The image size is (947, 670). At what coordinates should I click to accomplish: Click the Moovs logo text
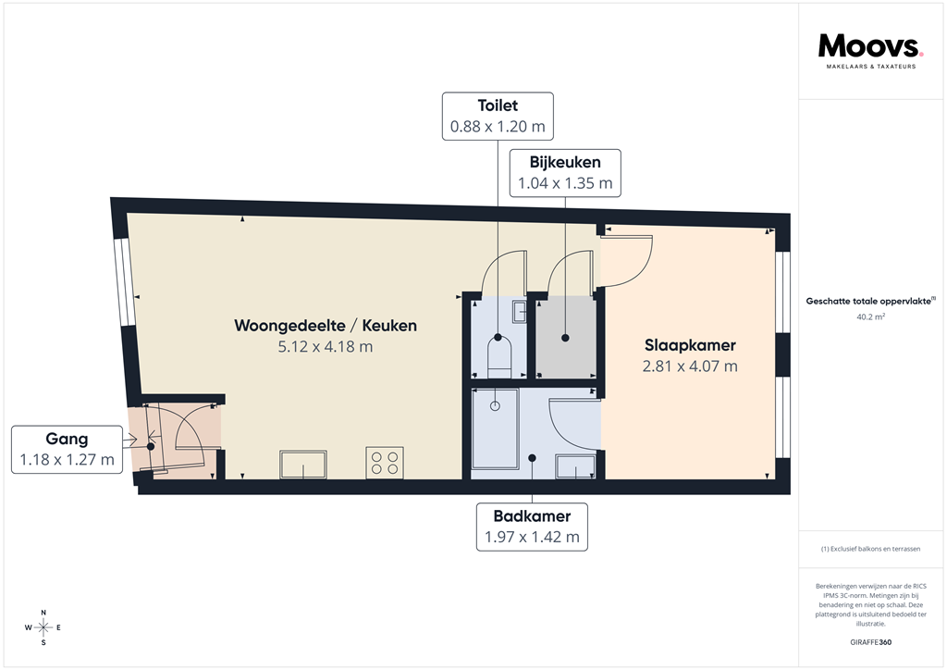click(869, 46)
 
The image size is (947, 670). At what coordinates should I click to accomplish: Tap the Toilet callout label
click(498, 106)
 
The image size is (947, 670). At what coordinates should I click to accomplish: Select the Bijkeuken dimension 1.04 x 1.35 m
click(565, 183)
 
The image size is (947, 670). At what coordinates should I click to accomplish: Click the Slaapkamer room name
click(690, 345)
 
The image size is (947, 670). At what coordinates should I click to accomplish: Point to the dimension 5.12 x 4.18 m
click(326, 347)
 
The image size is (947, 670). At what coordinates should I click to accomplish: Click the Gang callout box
click(67, 450)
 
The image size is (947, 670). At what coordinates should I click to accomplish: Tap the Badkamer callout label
click(532, 516)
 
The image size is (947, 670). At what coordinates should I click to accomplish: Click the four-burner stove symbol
click(385, 462)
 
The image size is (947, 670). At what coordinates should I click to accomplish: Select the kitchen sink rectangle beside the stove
click(303, 463)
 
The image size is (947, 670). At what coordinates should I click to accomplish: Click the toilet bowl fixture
click(498, 354)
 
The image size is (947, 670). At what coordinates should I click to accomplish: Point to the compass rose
click(43, 628)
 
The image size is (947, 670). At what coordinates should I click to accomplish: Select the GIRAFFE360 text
click(871, 642)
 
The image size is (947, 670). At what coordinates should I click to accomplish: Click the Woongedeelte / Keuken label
click(326, 326)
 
